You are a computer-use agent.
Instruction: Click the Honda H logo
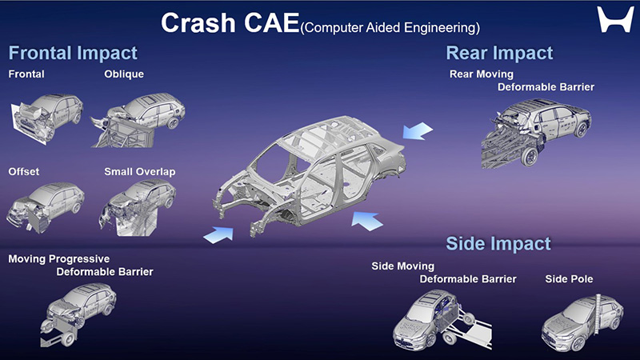point(615,19)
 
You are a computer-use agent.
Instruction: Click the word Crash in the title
point(198,23)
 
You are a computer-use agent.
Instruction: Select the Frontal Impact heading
point(73,53)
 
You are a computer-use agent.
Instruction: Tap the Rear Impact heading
point(499,53)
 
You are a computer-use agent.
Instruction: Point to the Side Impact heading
point(498,244)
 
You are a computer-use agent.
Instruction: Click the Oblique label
point(124,74)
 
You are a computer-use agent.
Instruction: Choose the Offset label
point(24,171)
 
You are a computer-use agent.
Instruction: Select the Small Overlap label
point(139,172)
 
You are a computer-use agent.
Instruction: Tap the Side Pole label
point(569,279)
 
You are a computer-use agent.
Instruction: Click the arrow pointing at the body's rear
point(417,131)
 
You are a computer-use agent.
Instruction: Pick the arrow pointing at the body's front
point(219,235)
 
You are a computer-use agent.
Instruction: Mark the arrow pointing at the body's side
point(367,221)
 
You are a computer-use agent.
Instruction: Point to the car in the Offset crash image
point(45,206)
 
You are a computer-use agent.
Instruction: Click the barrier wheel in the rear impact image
point(530,157)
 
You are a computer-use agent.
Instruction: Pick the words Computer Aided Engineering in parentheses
point(390,28)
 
